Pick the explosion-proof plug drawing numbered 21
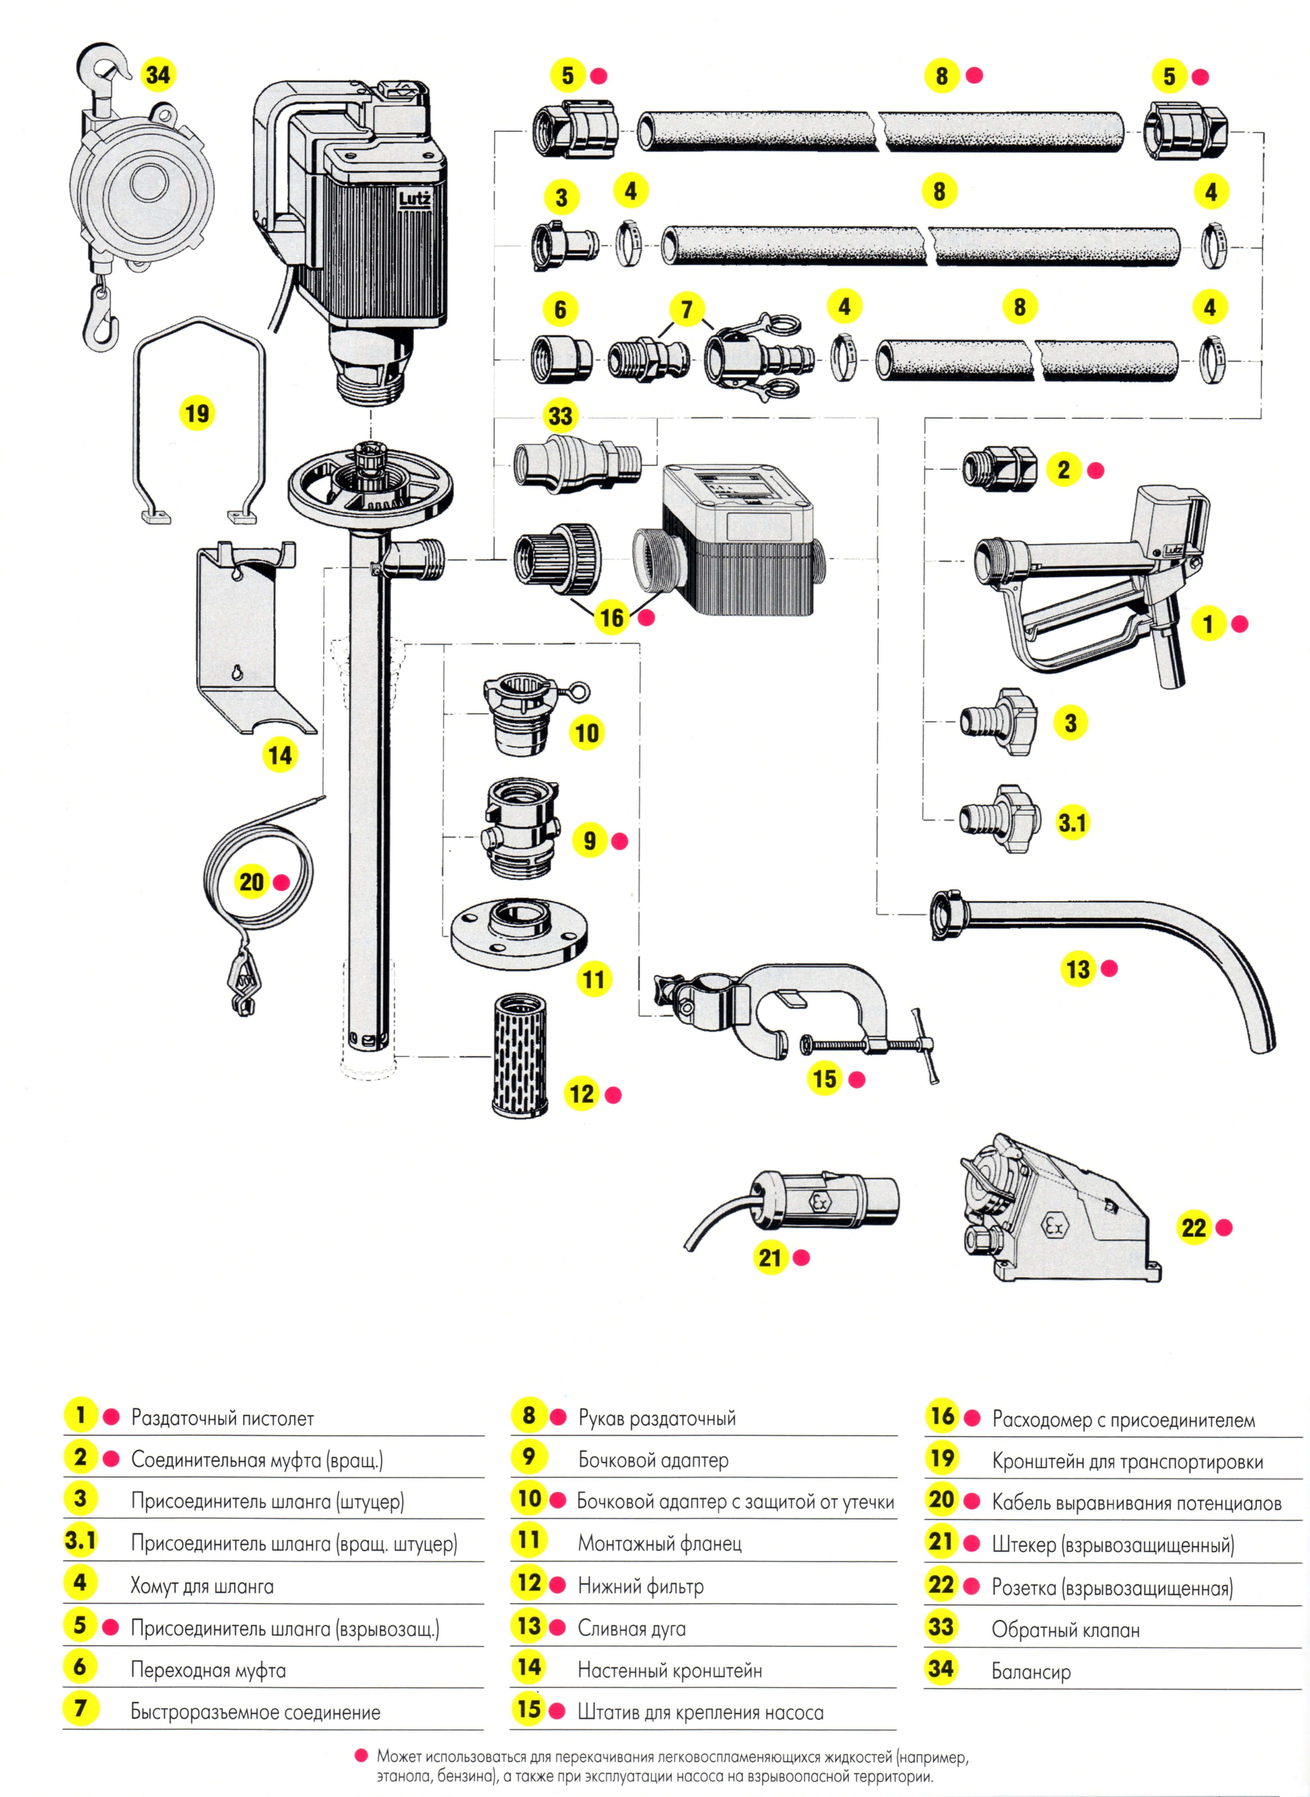point(825,1203)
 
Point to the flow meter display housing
point(738,539)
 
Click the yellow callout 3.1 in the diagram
point(1071,822)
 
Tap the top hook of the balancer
point(107,63)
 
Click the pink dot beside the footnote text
point(362,1756)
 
